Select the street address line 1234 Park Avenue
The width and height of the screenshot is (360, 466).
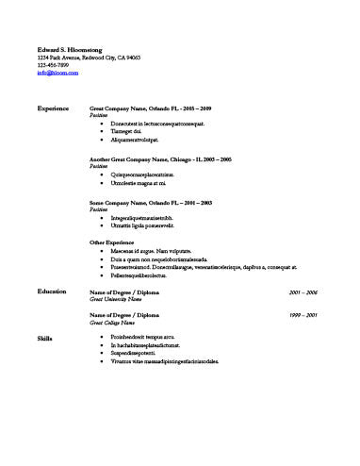89,58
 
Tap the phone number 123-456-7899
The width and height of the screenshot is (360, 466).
54,65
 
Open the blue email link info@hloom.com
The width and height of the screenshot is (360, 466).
56,74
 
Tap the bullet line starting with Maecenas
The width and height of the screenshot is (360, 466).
151,250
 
